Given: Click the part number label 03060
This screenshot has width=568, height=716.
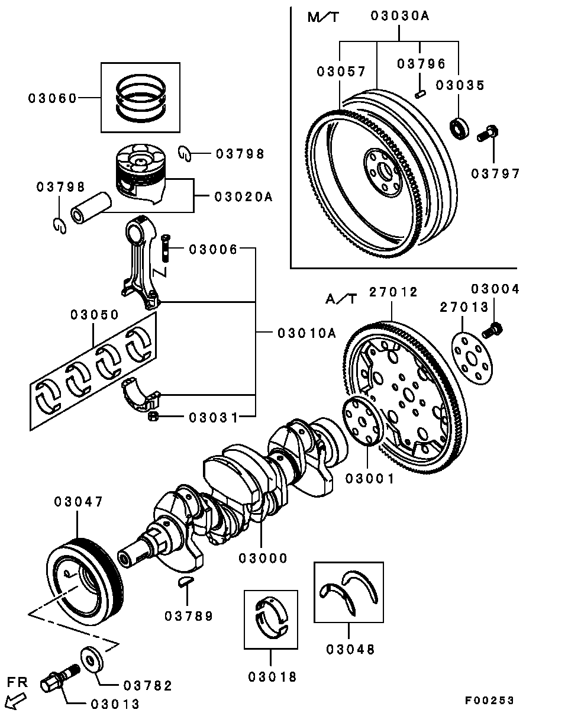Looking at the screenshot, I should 53,98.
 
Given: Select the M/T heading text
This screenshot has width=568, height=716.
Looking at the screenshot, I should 323,17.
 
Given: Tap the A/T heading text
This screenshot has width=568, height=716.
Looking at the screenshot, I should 341,299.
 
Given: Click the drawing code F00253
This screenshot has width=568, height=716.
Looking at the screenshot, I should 489,701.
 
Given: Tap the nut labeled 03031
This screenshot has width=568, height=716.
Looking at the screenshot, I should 153,417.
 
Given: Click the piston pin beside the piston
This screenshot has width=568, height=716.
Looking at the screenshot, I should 91,207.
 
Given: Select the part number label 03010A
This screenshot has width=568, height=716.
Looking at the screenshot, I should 306,333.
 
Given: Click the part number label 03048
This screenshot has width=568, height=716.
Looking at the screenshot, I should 350,649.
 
